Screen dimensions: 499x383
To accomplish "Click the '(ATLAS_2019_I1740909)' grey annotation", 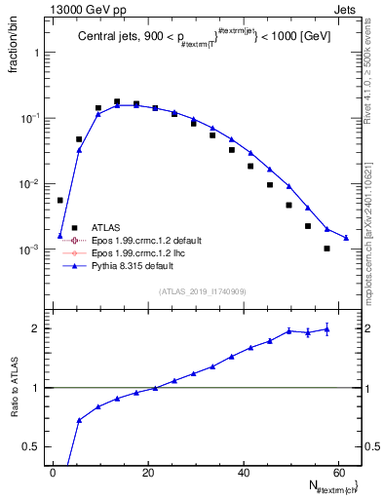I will (203, 291).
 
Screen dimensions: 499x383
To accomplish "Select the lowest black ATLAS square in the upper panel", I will (327, 249).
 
